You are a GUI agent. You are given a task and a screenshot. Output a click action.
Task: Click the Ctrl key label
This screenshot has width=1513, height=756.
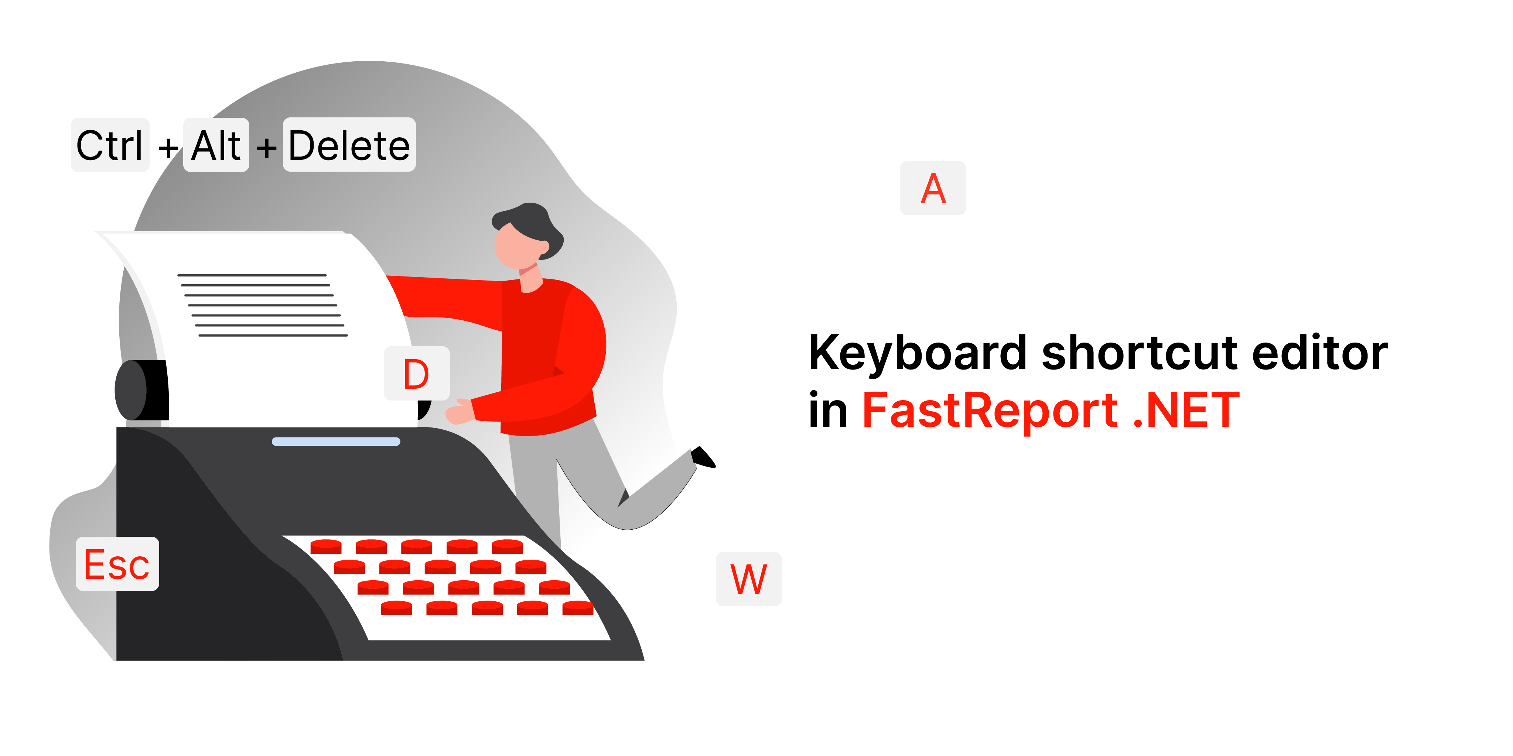point(110,145)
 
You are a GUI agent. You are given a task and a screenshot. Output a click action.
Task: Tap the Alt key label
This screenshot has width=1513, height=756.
point(216,145)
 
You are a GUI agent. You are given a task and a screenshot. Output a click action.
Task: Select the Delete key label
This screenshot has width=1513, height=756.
point(349,145)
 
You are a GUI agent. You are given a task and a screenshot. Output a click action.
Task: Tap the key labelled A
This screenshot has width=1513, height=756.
point(933,188)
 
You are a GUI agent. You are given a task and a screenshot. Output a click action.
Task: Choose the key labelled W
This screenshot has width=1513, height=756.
point(749,579)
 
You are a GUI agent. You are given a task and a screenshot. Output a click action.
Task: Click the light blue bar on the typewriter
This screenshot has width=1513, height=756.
point(336,441)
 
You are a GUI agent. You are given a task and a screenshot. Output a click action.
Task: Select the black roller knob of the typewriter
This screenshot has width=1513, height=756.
point(141,390)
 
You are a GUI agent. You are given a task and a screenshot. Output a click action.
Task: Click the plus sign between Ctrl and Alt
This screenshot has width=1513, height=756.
point(168,147)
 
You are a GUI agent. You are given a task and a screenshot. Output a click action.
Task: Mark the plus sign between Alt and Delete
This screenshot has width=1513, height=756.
point(267,147)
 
